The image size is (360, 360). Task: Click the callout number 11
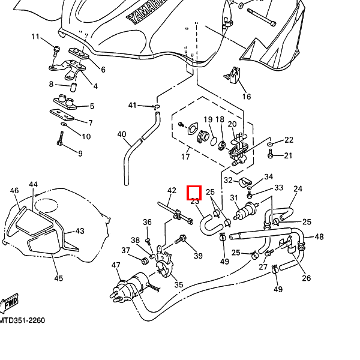34,38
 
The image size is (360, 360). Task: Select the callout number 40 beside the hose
122,134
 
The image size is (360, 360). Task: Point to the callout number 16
246,97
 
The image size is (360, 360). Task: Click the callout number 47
116,265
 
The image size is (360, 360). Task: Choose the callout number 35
178,284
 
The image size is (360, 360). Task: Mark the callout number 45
58,278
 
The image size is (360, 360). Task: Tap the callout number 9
80,154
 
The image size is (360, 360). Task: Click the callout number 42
172,191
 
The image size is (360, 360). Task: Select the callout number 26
307,278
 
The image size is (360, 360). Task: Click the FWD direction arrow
10,304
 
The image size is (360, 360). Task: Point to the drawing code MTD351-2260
22,320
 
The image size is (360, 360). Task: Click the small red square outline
194,193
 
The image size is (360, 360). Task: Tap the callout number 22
289,140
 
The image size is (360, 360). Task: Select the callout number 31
234,198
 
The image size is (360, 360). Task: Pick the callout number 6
103,70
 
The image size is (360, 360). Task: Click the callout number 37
126,250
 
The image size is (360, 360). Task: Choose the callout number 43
79,231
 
